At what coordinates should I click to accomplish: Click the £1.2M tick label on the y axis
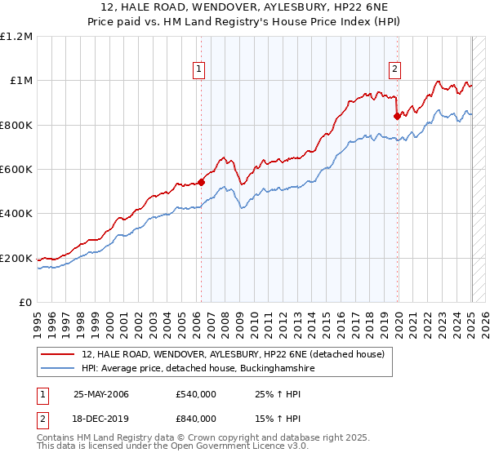click(16, 37)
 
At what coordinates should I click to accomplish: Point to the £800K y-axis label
click(16, 126)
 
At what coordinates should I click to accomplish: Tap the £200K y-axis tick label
click(16, 259)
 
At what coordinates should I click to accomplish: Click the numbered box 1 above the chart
click(199, 69)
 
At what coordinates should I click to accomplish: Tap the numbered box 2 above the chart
click(394, 69)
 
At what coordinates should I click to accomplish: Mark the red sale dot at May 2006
click(201, 183)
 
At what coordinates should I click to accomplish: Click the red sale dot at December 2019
click(397, 116)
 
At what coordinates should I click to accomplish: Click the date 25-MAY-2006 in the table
click(101, 394)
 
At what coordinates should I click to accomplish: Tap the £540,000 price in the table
click(196, 394)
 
